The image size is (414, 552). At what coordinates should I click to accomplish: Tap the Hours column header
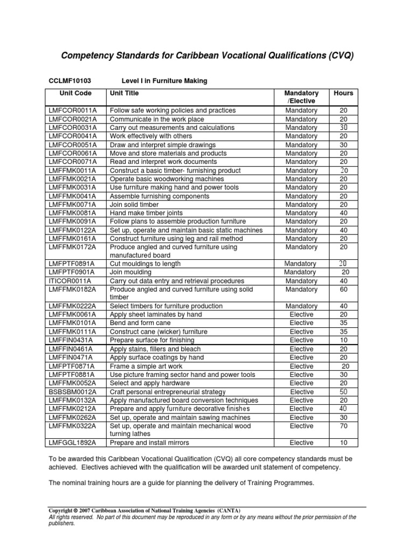(343, 93)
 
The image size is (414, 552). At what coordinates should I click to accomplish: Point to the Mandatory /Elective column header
(302, 97)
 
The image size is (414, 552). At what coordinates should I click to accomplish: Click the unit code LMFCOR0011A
(73, 111)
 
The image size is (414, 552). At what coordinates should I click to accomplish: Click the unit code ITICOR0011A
(70, 281)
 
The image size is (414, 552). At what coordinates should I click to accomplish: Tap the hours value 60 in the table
(343, 289)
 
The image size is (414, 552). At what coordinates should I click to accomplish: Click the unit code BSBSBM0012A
(73, 392)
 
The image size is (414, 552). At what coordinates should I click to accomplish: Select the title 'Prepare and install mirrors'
(150, 443)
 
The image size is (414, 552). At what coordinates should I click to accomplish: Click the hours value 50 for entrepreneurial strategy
(343, 392)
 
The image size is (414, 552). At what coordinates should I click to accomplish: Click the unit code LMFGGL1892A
(73, 443)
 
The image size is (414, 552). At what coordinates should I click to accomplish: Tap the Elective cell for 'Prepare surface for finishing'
(301, 340)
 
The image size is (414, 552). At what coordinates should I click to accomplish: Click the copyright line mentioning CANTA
(144, 510)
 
